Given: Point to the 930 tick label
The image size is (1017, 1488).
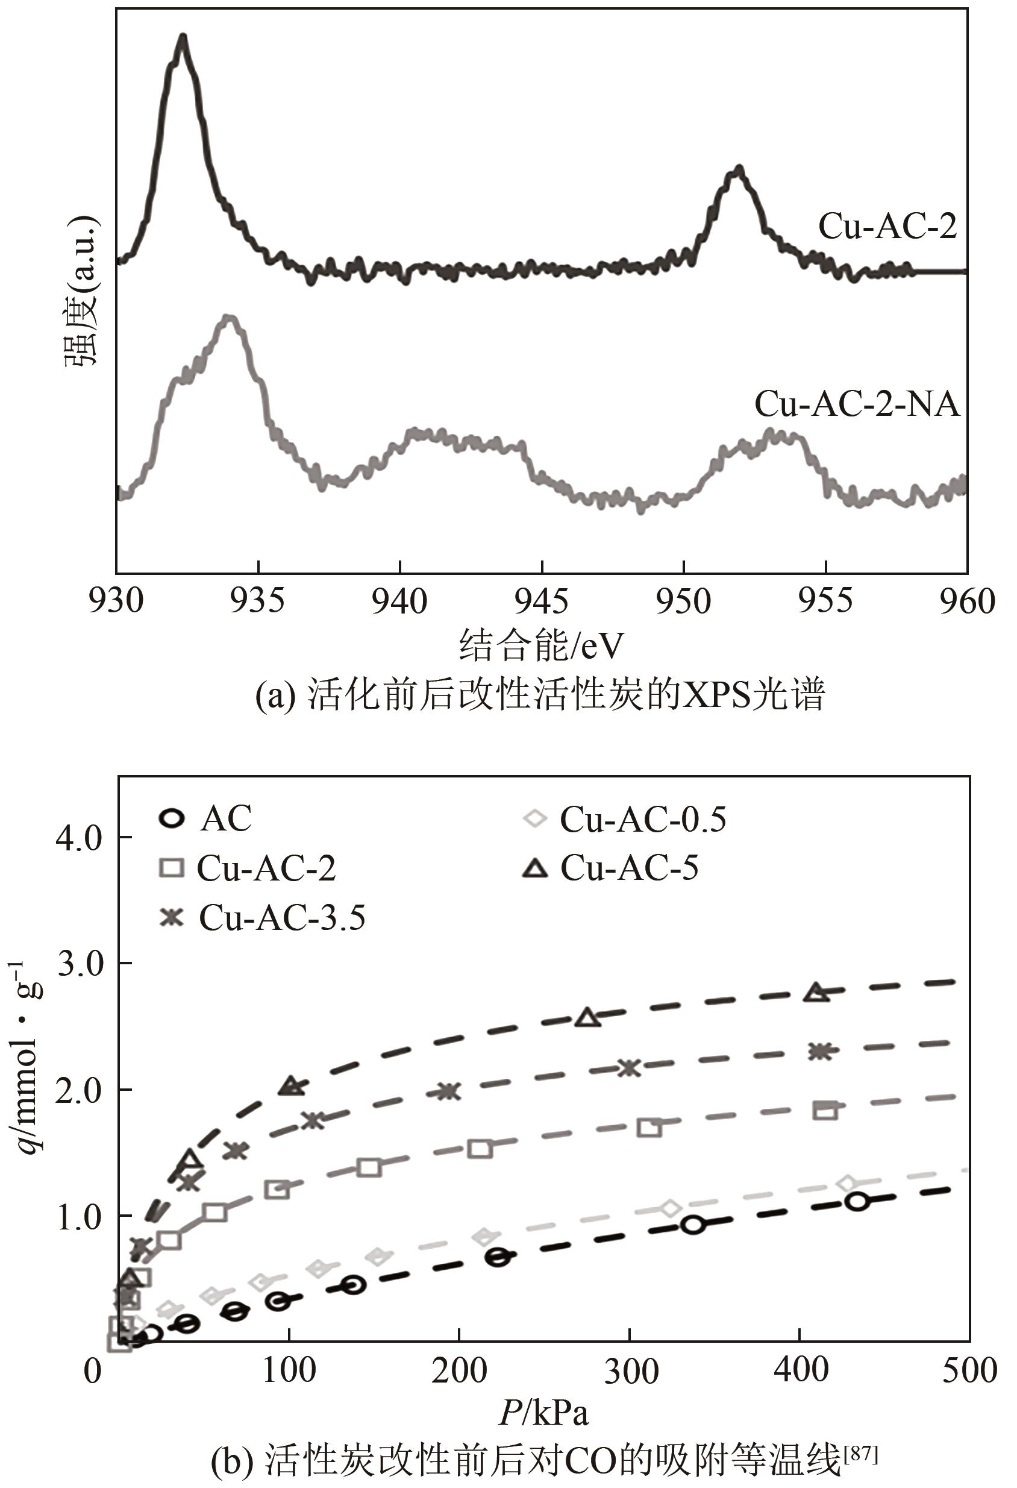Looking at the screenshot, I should (116, 602).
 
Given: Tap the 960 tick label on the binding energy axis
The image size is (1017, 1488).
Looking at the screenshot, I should (966, 602).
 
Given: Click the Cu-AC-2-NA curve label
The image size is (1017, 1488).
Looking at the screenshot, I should (857, 404).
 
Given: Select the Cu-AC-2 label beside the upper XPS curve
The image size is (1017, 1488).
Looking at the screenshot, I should (887, 227).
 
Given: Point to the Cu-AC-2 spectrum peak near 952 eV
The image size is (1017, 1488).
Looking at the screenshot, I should (739, 170).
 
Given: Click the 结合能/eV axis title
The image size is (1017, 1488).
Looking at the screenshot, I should (542, 645).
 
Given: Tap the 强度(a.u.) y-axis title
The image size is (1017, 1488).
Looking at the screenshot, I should (82, 291).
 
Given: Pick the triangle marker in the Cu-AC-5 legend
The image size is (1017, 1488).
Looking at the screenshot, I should (536, 869).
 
